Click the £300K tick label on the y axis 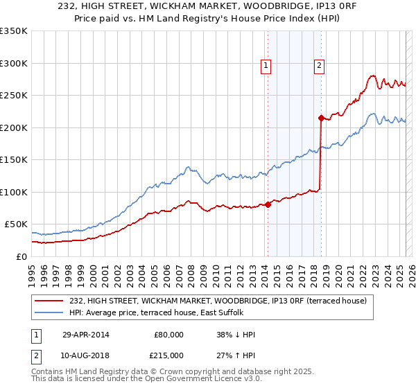pos(14,63)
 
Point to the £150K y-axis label pos(14,159)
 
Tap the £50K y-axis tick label pos(16,224)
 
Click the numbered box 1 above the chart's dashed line pos(266,66)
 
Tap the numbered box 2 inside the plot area pos(319,66)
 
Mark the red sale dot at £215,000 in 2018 pos(321,118)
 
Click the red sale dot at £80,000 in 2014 pos(268,204)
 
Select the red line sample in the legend pos(50,300)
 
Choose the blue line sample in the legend pos(50,312)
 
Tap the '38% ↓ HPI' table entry pos(236,335)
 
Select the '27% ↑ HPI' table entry pos(236,355)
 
